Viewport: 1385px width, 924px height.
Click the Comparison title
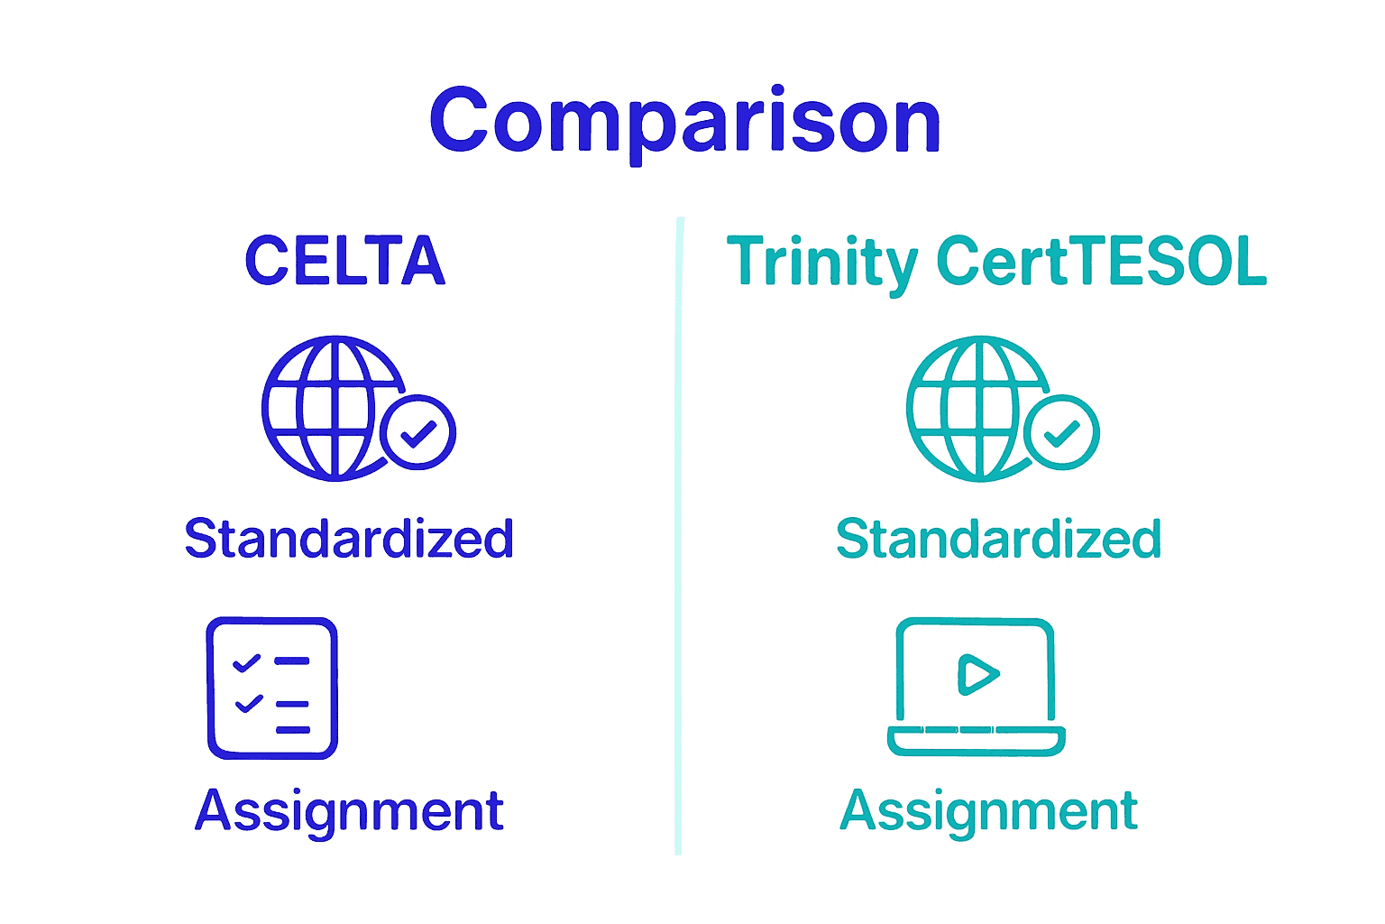pos(685,121)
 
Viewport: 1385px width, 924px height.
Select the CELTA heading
pos(345,261)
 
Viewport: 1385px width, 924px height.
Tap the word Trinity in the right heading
pos(821,263)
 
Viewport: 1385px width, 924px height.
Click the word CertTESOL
pos(1101,261)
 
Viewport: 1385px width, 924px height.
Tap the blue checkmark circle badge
pos(418,432)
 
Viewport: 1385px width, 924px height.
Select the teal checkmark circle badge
pos(1062,432)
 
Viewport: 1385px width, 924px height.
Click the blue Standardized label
pos(349,539)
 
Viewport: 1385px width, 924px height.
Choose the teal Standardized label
pos(998,539)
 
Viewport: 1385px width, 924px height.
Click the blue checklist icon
pos(272,688)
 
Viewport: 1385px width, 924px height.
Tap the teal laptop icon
pos(976,686)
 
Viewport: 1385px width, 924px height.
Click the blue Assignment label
pos(349,810)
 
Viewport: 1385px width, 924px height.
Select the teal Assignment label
pos(988,810)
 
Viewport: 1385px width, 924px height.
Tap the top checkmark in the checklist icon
pos(246,662)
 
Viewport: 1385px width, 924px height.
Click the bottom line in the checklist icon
pos(293,729)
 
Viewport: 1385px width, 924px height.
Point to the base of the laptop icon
pos(976,740)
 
